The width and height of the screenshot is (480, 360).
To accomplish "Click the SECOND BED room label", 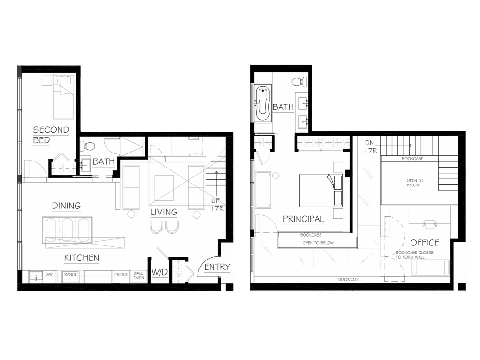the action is (x=51, y=135).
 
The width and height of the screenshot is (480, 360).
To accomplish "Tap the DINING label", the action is (x=67, y=206).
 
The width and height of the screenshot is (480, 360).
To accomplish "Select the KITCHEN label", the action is (x=82, y=258).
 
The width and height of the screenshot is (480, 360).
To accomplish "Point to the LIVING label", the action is (x=164, y=212).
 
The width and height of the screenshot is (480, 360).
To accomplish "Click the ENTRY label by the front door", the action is (x=217, y=267).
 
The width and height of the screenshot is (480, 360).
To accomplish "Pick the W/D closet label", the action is (x=160, y=272).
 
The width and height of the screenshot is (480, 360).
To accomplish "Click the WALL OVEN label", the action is (x=138, y=276).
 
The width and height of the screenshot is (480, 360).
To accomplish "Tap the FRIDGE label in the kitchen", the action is (x=121, y=274).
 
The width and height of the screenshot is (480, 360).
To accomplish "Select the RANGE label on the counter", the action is (x=71, y=274).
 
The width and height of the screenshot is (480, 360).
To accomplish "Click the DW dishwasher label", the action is (x=49, y=274).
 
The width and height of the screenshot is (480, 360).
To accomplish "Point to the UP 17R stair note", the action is (x=217, y=205).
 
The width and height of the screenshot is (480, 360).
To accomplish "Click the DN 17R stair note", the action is (x=371, y=147).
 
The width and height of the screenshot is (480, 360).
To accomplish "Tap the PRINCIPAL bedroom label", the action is (x=303, y=219).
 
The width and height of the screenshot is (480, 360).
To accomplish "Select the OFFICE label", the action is (x=425, y=243).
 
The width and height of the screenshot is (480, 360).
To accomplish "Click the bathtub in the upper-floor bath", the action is (x=263, y=104).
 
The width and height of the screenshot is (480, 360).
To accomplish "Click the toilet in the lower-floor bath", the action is (x=88, y=146).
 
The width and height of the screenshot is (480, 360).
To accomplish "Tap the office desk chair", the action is (x=429, y=224).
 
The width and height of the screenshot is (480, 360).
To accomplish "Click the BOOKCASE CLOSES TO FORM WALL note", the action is (x=414, y=255).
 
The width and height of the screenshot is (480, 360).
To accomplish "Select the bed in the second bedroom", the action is (x=64, y=96).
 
